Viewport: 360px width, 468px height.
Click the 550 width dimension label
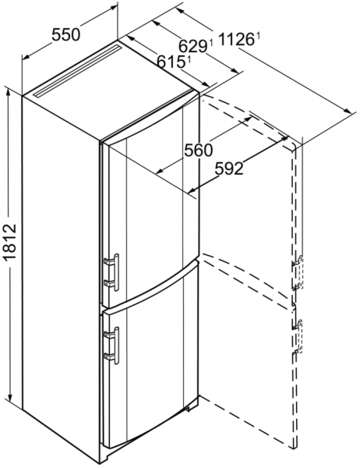tap(66, 34)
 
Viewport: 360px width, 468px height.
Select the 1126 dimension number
tap(236, 40)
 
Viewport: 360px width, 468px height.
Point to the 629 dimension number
tap(192, 46)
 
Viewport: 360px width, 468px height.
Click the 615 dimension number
tap(171, 62)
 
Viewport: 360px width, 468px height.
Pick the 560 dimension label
tap(199, 150)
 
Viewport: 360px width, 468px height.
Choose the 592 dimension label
tap(229, 169)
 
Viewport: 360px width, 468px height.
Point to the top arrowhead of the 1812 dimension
tap(10, 92)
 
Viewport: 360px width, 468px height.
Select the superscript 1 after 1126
tap(258, 37)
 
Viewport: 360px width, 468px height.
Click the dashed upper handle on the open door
tap(298, 272)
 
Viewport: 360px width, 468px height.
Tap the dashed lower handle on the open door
tap(298, 336)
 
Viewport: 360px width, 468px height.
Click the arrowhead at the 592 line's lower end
tap(192, 190)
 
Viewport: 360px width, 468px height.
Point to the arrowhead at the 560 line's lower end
tap(161, 171)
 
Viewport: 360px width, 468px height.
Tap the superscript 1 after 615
tap(189, 59)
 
